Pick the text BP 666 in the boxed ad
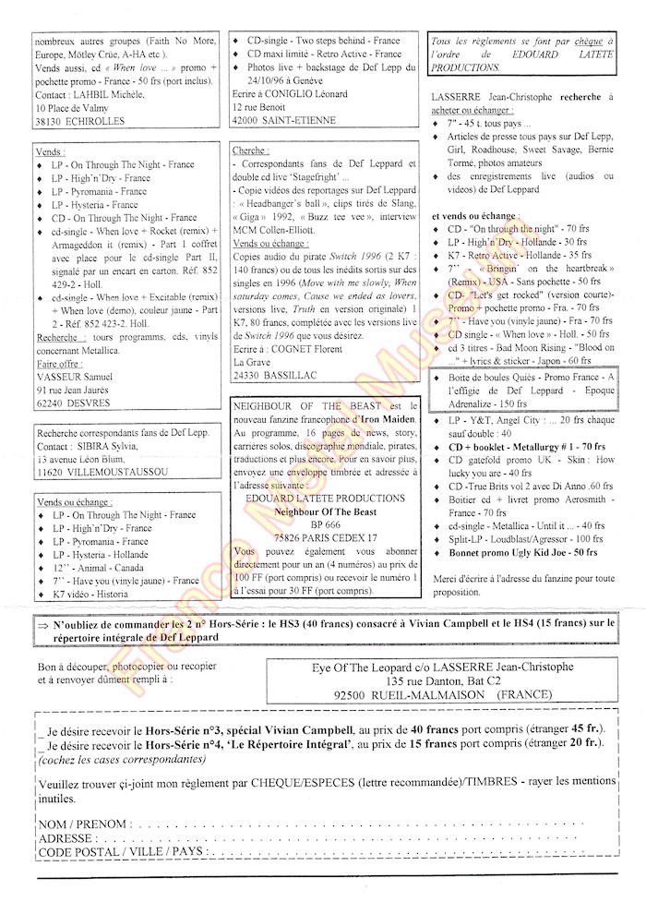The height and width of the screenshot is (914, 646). coord(325,522)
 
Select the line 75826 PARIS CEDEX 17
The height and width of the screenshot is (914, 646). coord(325,536)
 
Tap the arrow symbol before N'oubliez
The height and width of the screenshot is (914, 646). coord(42,625)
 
